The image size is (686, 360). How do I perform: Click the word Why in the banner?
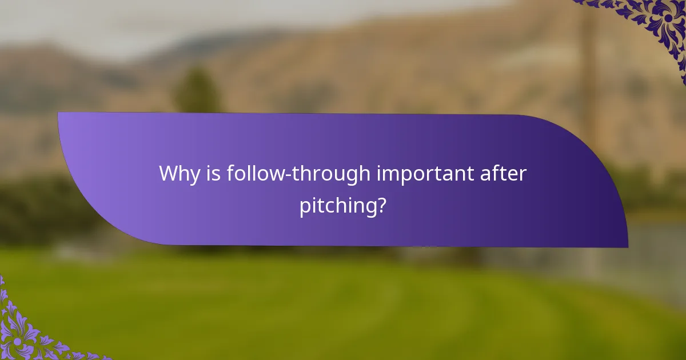point(178,173)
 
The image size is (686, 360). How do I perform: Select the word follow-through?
point(298,173)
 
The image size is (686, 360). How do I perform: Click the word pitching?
point(337,206)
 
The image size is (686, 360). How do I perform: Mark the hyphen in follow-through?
point(289,175)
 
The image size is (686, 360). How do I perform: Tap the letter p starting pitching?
point(306,207)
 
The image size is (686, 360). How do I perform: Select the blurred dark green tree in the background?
point(197,91)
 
